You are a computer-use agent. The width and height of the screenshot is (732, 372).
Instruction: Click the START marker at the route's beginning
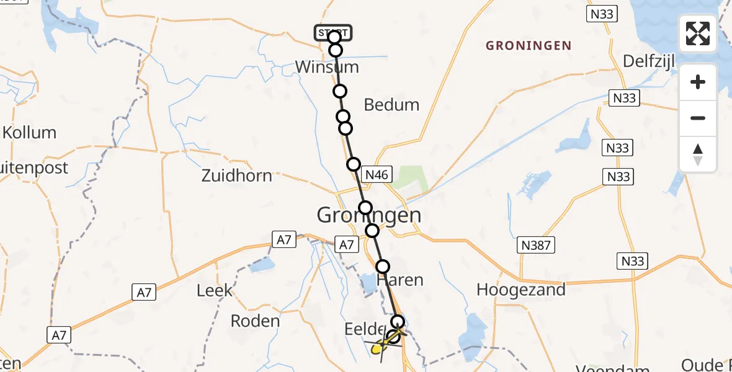coord(333,32)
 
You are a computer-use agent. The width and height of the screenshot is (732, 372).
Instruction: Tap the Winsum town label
coord(327,67)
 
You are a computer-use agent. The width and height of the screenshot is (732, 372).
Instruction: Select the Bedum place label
coord(391,105)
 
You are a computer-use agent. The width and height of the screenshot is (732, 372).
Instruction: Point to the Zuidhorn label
coord(237,175)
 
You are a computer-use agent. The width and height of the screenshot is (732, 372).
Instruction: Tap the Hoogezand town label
coord(521,289)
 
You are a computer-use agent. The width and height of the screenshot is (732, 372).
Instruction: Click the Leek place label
coord(215,290)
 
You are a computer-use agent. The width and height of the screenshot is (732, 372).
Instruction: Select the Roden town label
coord(255,321)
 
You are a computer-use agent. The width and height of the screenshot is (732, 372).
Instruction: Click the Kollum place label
coord(29,132)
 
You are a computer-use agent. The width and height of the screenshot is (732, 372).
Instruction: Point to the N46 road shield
coord(376,175)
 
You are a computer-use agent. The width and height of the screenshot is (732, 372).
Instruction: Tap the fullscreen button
coord(698,33)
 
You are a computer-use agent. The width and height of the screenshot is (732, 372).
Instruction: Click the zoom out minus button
coord(698,118)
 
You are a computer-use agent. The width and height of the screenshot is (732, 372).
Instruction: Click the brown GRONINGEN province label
coord(529,45)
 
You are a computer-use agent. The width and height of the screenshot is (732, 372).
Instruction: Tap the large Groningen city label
coord(369,215)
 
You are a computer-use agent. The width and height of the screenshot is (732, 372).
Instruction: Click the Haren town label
coord(404,280)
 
